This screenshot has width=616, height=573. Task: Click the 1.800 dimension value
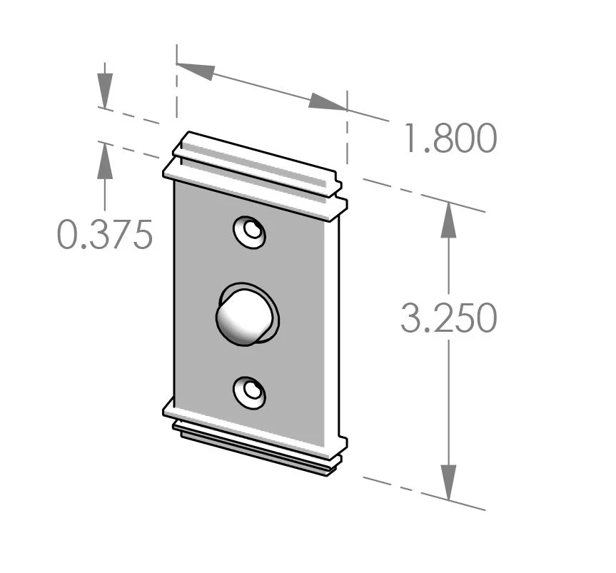tap(449, 139)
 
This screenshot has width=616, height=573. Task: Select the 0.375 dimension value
tap(105, 235)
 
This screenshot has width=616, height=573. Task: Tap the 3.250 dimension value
tap(448, 318)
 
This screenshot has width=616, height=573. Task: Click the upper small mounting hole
tap(251, 232)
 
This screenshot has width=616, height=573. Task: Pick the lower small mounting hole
tap(251, 392)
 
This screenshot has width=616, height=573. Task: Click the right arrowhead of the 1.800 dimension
tap(327, 103)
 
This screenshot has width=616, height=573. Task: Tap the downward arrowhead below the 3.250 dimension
tap(448, 482)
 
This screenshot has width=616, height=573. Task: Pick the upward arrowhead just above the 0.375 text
tap(105, 160)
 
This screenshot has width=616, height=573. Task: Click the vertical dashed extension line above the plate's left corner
tap(176, 86)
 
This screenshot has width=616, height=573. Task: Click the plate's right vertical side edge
tap(337, 321)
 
